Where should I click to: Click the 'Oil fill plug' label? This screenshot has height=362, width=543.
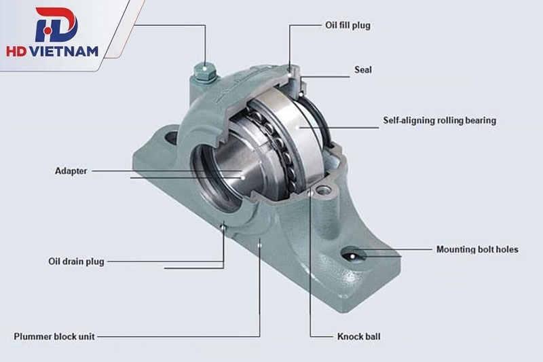[x=348, y=25]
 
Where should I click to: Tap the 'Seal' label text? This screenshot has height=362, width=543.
[x=363, y=70]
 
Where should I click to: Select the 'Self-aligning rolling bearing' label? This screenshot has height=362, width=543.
[x=439, y=120]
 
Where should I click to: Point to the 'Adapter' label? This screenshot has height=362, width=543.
[x=71, y=170]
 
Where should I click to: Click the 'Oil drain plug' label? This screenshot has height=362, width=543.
[x=76, y=261]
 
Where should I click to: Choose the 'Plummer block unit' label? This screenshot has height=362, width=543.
[x=54, y=336]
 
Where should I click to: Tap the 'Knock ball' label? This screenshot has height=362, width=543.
[x=359, y=336]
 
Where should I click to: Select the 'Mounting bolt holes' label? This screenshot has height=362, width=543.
[x=477, y=249]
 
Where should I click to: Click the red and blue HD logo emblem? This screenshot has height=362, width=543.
[x=56, y=25]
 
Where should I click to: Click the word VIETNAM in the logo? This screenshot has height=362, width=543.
[x=64, y=52]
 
